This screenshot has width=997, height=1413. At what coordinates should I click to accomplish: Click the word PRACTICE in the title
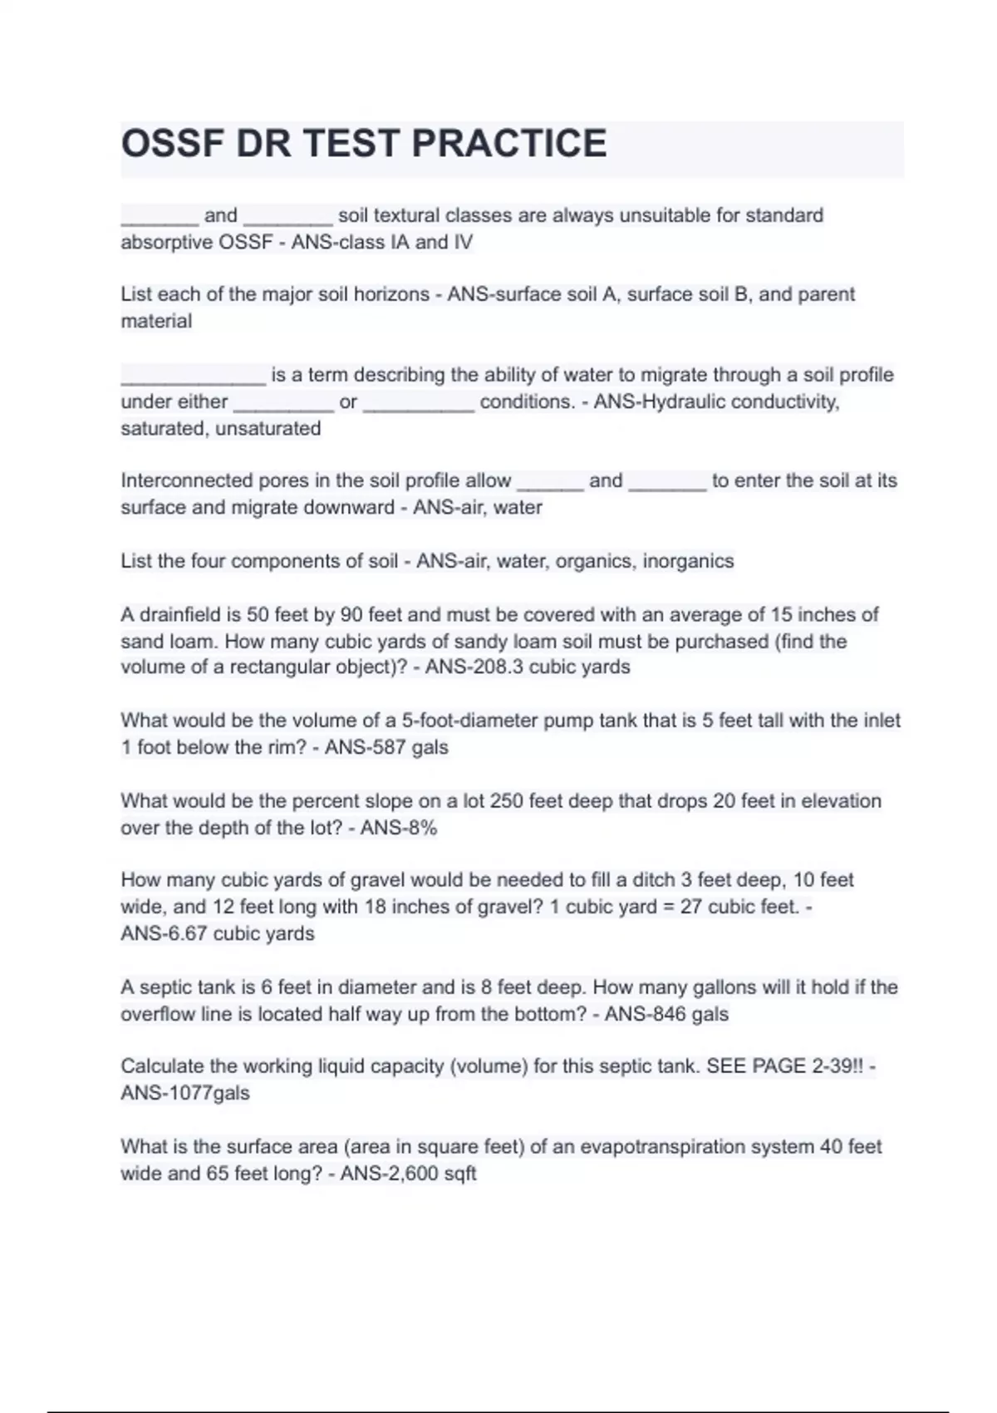[508, 143]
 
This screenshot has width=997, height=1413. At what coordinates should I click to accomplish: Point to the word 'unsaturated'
[268, 428]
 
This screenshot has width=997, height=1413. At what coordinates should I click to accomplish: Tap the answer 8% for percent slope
[422, 827]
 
